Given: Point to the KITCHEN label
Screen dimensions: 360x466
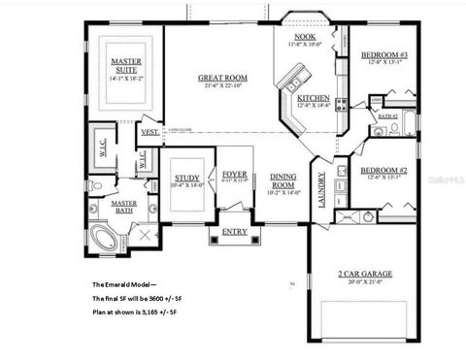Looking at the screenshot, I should pos(313,99).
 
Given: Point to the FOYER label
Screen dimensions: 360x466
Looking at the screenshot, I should pos(235,174).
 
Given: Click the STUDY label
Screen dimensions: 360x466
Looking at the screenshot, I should pos(187,178).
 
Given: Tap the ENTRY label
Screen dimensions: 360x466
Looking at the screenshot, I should pos(234,232).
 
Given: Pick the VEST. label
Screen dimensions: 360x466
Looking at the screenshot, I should pos(150,131).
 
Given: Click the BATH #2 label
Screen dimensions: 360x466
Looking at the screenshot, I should pos(388,116).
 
